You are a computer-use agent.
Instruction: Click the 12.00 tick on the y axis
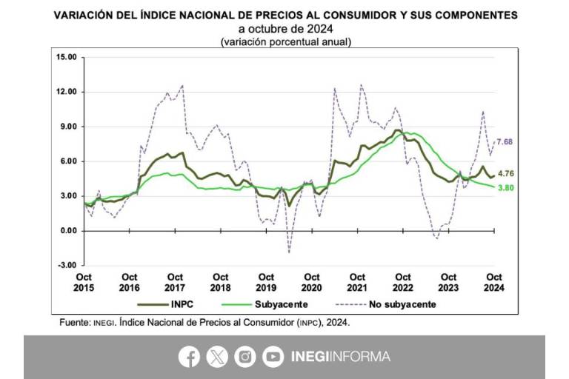click(x=66, y=92)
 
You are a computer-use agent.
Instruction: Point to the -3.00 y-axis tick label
click(x=66, y=265)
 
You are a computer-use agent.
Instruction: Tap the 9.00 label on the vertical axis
click(x=67, y=127)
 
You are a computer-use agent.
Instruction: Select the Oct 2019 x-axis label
click(x=267, y=282)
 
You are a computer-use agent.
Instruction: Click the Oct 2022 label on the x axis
click(x=402, y=282)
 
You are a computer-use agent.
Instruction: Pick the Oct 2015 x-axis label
click(x=84, y=282)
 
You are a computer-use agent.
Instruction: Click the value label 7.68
click(x=505, y=141)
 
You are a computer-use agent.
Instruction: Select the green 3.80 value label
click(x=505, y=187)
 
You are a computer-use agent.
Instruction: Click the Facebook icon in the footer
click(x=189, y=357)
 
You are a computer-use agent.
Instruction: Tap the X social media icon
click(x=217, y=357)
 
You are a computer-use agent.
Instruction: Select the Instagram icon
click(x=245, y=357)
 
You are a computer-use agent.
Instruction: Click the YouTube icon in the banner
click(x=273, y=357)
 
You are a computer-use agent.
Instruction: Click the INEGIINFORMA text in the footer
click(x=342, y=357)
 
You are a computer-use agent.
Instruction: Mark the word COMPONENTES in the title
click(x=471, y=15)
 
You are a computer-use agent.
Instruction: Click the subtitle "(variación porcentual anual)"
click(x=285, y=42)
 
